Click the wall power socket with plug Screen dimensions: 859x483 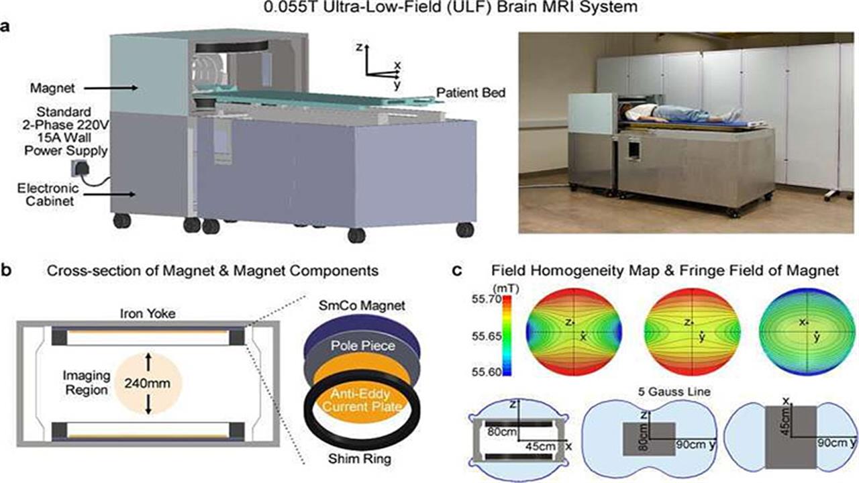81,169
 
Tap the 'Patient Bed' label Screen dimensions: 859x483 471,93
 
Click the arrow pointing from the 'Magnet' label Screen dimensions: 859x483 111,88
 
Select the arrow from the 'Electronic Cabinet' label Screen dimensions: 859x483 109,195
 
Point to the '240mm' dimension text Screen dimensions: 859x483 147,383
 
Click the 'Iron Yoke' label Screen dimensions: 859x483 148,313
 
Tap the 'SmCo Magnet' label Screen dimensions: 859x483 362,305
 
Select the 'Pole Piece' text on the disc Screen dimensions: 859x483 363,345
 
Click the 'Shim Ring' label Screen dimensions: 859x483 359,458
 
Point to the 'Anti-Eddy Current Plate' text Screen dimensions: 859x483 362,400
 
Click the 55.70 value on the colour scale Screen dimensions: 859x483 487,299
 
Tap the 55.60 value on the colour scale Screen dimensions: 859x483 487,372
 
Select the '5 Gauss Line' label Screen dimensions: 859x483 674,392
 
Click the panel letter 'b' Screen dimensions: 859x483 6,270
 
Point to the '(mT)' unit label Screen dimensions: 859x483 506,288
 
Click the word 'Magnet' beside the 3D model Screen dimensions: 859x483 52,88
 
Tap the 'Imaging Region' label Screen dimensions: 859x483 87,382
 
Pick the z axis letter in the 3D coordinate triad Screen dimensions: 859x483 359,48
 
